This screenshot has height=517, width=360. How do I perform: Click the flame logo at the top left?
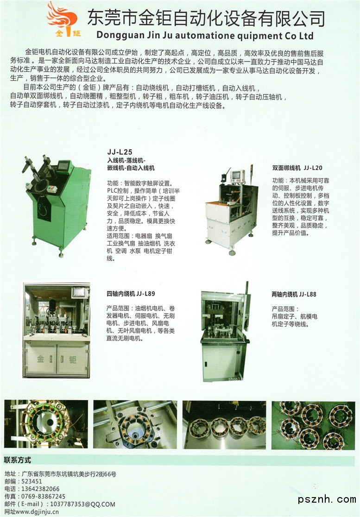click(x=63, y=19)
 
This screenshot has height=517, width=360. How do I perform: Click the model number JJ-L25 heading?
click(x=120, y=152)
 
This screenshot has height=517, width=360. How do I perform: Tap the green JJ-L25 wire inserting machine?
click(x=57, y=204)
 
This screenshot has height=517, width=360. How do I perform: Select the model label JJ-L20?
click(x=313, y=168)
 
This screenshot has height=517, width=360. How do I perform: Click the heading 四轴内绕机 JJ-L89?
click(x=131, y=293)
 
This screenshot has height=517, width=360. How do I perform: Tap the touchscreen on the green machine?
click(x=64, y=165)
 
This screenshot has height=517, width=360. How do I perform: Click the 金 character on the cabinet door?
click(x=41, y=359)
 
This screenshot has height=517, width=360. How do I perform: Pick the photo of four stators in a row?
click(x=224, y=425)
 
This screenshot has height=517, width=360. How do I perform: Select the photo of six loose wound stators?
click(x=313, y=425)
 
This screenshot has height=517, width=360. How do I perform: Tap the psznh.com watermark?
click(x=327, y=499)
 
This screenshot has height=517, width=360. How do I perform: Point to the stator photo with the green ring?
click(x=46, y=424)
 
